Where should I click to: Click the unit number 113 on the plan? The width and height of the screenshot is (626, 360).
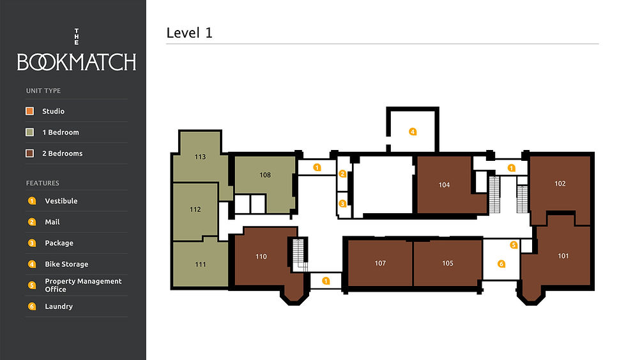200,157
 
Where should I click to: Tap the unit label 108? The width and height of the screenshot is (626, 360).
265,175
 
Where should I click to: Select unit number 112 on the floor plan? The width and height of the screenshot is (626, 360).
195,209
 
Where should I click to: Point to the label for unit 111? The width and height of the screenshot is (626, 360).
201,264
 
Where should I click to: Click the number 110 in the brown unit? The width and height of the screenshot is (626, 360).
261,257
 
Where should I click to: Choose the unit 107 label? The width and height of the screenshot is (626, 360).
380,263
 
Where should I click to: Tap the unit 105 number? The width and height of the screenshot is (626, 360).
448,263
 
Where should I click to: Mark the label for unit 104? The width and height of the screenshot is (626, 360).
445,185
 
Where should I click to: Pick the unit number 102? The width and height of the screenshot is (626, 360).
560,184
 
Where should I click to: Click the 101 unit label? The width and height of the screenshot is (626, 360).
563,256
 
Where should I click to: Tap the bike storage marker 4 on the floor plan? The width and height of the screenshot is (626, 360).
413,131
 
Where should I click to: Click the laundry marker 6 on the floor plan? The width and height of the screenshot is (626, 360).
501,264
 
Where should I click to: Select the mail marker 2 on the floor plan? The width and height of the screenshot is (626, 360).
342,174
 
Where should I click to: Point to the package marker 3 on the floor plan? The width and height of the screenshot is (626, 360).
342,204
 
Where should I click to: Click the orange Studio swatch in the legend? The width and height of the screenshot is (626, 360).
29,111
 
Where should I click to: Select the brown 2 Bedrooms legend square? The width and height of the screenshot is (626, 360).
29,153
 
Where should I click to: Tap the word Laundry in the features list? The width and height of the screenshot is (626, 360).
59,306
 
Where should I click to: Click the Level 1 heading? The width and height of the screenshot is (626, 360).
189,33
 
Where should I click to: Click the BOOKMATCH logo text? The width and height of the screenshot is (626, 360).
77,62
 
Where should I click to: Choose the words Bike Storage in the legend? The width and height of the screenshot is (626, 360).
66,264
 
